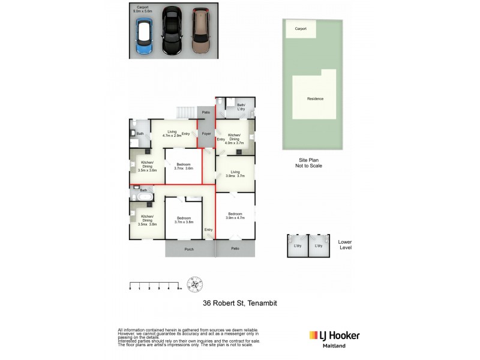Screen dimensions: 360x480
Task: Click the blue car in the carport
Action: click(x=145, y=35)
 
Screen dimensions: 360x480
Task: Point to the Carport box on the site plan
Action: click(x=301, y=29)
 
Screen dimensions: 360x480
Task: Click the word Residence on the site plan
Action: click(x=315, y=99)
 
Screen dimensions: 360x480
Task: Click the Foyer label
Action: click(x=206, y=134)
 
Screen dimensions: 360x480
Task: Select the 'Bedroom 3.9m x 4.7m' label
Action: click(x=235, y=216)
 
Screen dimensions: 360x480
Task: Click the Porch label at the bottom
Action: click(x=190, y=248)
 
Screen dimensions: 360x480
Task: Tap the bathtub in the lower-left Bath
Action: click(x=144, y=197)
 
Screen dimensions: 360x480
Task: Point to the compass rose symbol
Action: click(x=196, y=282)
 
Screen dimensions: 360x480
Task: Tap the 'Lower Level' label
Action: click(x=345, y=245)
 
